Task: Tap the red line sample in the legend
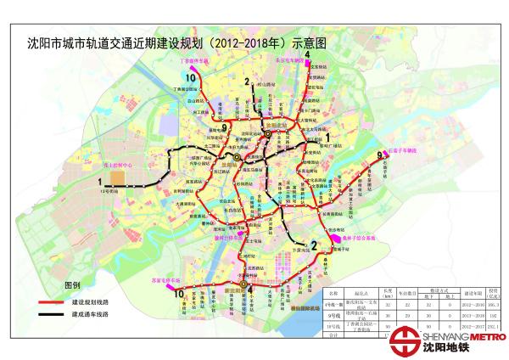pyautogui.click(x=53, y=302)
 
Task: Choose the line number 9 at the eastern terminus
pyautogui.click(x=380, y=155)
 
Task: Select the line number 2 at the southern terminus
pyautogui.click(x=313, y=246)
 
